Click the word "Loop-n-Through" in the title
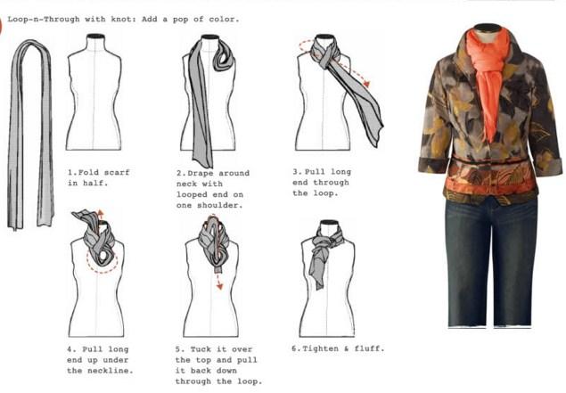point(44,19)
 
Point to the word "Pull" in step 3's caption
point(316,172)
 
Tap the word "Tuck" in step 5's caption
point(201,349)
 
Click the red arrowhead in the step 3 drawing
point(366,84)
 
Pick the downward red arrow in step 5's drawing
point(218,281)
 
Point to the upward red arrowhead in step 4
point(101,212)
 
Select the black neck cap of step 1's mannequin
point(95,36)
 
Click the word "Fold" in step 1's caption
point(88,173)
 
